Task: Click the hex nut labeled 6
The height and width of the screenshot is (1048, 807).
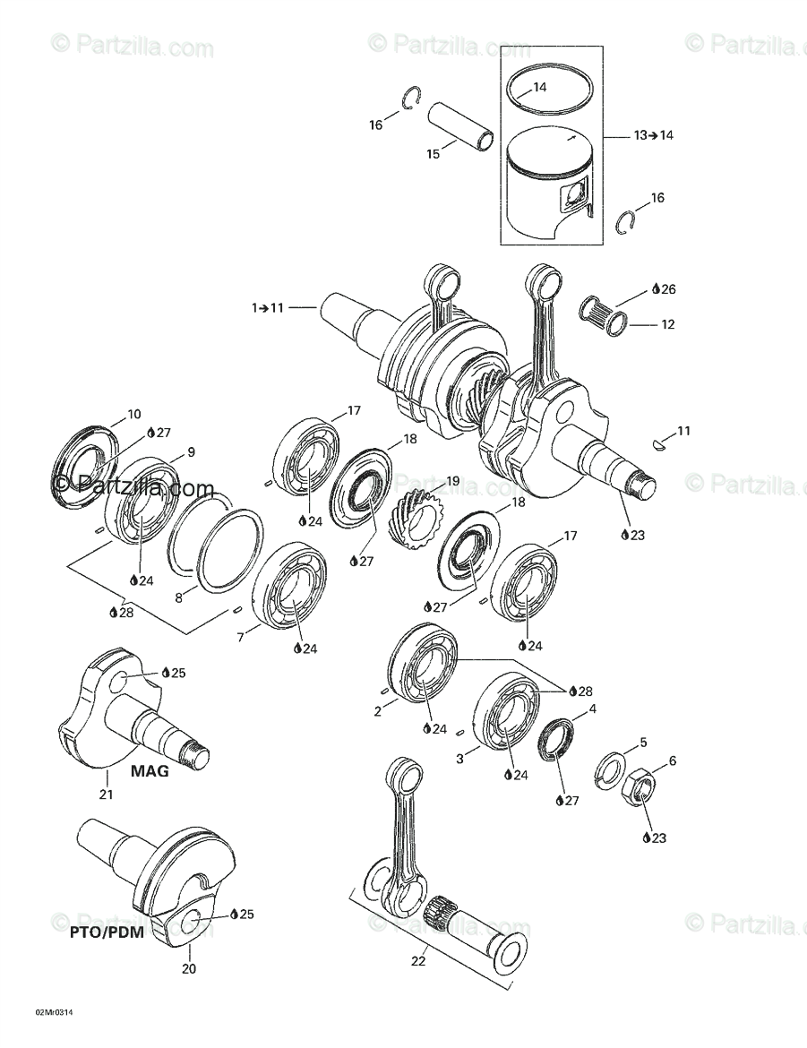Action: click(638, 786)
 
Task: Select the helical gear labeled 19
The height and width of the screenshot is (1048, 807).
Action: click(417, 520)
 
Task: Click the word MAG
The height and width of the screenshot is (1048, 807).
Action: click(150, 770)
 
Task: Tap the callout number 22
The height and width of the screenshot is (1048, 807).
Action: click(418, 962)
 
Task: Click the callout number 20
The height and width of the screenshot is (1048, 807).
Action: click(189, 968)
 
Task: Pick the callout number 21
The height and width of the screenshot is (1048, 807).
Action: click(107, 794)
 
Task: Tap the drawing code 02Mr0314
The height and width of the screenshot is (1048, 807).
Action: click(54, 1012)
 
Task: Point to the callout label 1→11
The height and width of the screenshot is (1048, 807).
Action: click(268, 308)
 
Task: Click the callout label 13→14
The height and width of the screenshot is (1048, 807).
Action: click(653, 135)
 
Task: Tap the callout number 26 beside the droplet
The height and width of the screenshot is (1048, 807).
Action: click(669, 289)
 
